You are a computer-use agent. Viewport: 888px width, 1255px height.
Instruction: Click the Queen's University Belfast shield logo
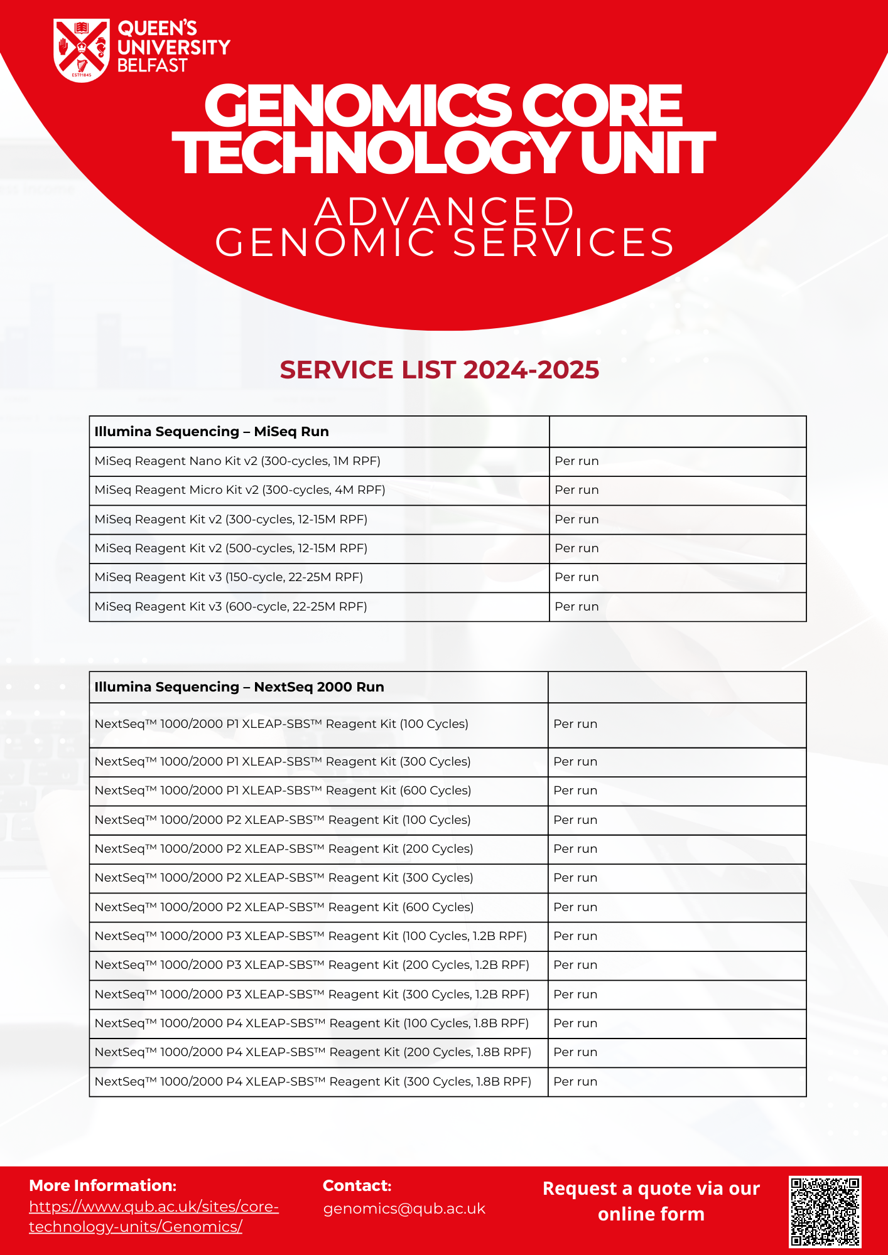tap(82, 50)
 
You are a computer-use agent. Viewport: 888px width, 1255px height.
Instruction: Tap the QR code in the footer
tap(825, 1211)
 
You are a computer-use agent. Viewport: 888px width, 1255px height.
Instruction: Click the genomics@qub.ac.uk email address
tap(404, 1209)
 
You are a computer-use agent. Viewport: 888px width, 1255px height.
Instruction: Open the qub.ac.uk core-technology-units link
tap(154, 1216)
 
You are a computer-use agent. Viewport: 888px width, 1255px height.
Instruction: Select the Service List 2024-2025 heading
tap(439, 370)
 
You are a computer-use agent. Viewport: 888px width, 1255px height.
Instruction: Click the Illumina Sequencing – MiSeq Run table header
tap(212, 432)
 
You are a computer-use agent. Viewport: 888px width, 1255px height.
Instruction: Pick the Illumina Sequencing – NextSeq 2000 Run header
tap(239, 687)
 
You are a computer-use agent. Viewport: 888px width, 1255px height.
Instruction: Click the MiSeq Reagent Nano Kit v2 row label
tap(237, 461)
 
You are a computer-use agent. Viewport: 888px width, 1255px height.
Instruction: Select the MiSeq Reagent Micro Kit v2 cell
tap(240, 490)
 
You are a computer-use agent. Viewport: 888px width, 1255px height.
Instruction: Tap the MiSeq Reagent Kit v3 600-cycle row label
tap(230, 607)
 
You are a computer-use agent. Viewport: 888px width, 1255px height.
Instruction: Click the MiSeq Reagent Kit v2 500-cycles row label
tap(230, 548)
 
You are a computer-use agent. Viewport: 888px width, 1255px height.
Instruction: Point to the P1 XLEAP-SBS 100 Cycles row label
tap(281, 724)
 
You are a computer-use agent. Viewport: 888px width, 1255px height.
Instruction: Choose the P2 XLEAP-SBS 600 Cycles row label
tap(284, 907)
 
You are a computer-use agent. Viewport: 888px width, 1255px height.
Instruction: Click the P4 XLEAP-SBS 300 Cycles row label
tap(313, 1082)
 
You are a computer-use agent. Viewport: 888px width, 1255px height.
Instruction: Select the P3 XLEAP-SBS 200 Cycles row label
tap(311, 965)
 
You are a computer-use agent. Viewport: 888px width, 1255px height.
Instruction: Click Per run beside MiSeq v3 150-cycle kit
tap(577, 577)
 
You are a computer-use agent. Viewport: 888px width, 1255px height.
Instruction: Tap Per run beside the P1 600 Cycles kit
tap(575, 791)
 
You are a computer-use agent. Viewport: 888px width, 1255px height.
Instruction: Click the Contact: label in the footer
tap(357, 1185)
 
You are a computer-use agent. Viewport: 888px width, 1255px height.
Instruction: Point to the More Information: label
tap(103, 1185)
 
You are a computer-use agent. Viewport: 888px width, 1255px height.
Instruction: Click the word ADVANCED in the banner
tap(444, 211)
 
